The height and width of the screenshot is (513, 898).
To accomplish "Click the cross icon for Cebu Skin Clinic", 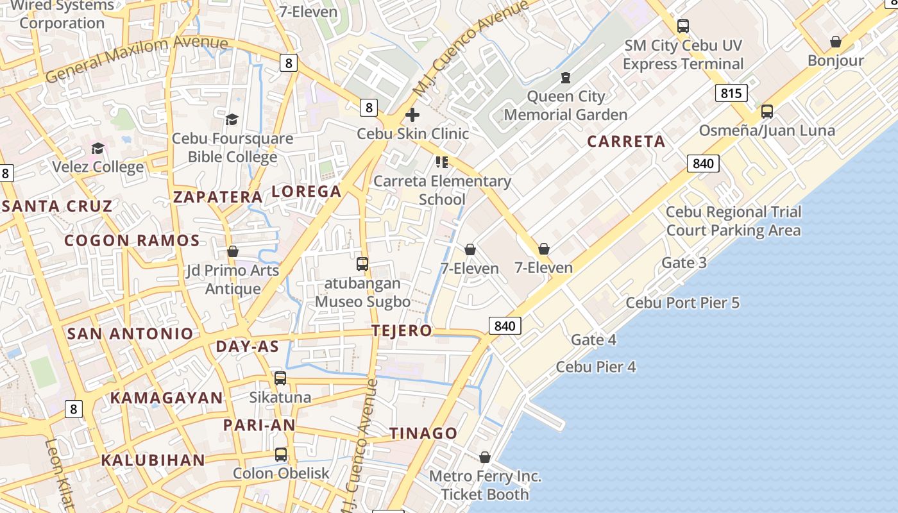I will [x=412, y=115].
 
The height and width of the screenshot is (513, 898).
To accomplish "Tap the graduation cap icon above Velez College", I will [x=97, y=148].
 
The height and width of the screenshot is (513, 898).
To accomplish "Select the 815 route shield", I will [x=731, y=93].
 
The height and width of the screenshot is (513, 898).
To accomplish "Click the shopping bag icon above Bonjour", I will [x=836, y=42].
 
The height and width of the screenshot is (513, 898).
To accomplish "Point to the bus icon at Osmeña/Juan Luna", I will [x=767, y=112].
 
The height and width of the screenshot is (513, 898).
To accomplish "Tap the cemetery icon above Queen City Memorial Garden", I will [x=565, y=78].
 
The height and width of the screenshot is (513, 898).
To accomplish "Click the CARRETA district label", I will [x=626, y=142].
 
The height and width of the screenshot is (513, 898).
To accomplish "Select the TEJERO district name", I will [x=402, y=331].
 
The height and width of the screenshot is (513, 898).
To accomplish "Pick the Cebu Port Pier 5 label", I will [x=682, y=303].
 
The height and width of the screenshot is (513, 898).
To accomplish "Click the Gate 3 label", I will [x=684, y=262].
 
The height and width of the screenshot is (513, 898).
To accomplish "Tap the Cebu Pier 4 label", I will [x=596, y=367].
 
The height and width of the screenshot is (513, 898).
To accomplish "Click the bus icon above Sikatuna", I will [x=280, y=378].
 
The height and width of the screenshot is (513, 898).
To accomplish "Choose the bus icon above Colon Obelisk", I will [x=281, y=455].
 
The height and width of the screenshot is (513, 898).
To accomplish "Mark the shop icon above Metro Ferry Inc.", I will [x=485, y=457].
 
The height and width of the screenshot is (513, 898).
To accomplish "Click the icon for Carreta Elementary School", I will [x=441, y=162].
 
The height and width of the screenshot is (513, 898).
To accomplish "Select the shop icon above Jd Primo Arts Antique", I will [x=233, y=251].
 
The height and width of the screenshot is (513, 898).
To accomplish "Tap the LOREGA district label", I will [x=307, y=191].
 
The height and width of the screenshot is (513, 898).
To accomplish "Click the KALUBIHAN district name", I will [x=153, y=460].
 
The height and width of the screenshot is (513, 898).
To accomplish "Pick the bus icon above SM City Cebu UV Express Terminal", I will [x=683, y=26].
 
